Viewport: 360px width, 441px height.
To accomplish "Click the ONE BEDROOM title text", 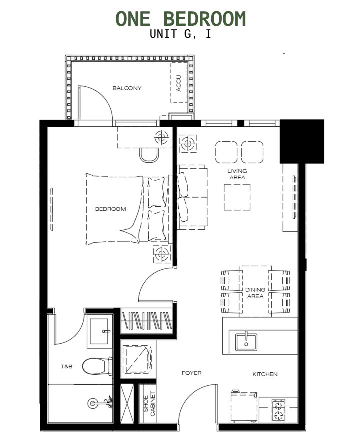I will click(181, 19).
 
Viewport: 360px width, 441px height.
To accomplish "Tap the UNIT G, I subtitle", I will click(180, 34).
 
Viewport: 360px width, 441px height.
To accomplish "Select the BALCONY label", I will click(127, 88).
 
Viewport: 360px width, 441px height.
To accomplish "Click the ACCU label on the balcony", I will click(179, 83).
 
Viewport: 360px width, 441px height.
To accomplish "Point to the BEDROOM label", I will click(110, 209).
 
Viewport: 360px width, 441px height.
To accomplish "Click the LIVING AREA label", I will click(237, 174).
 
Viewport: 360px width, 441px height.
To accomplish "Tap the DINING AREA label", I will click(255, 293).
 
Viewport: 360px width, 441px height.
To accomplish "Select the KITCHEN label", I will click(265, 374).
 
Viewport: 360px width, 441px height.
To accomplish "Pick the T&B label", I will click(66, 367).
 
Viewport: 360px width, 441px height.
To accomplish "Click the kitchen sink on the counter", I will click(246, 341).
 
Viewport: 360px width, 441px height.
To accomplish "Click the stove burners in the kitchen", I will click(278, 411).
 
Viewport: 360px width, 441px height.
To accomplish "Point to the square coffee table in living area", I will click(237, 197).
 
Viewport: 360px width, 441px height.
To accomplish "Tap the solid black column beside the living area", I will click(301, 141).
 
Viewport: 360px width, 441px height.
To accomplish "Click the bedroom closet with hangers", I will click(147, 320).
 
